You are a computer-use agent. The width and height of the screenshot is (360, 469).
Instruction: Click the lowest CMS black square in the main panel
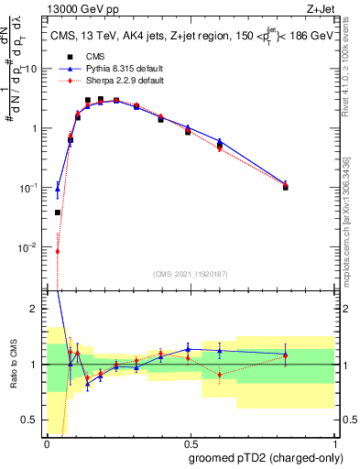tap(58, 213)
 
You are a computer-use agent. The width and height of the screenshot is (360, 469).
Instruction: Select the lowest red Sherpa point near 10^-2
tap(58, 251)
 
